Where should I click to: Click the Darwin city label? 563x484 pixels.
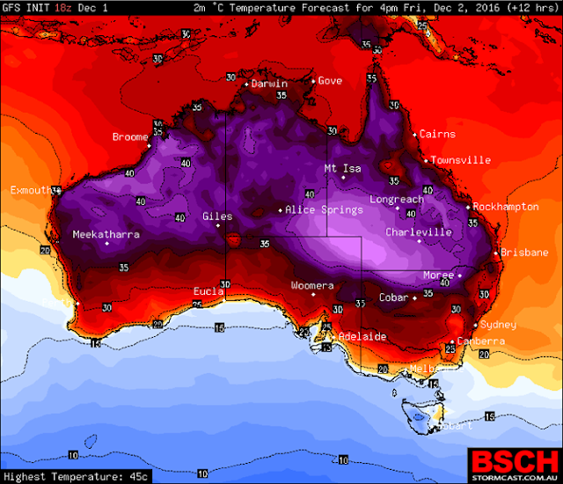pos(269,84)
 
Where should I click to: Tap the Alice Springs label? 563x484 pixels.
pos(324,210)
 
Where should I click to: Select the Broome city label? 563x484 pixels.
pos(130,137)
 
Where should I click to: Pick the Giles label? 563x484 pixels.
pos(217,216)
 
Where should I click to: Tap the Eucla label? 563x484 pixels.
pos(209,291)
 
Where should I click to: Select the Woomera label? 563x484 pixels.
pos(312,286)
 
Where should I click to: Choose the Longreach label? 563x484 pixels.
pos(396,200)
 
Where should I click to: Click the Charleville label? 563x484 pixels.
pos(419,232)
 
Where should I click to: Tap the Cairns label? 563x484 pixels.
pos(437,135)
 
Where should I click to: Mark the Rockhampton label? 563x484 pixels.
pos(506,207)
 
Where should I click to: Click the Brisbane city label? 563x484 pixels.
pos(524,253)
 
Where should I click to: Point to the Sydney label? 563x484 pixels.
pos(498,325)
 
